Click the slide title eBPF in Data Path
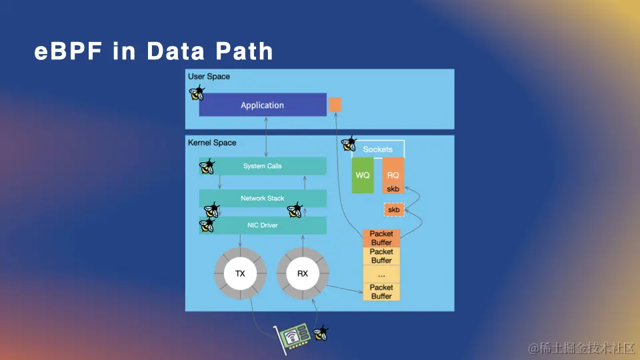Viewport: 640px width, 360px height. pyautogui.click(x=153, y=51)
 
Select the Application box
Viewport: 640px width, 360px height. pyautogui.click(x=262, y=105)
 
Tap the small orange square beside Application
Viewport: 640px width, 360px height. pyautogui.click(x=335, y=105)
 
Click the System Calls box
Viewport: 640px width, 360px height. pyautogui.click(x=263, y=166)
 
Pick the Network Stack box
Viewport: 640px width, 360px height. pyautogui.click(x=263, y=198)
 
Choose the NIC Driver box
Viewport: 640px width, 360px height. pyautogui.click(x=263, y=225)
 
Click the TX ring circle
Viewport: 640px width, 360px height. pyautogui.click(x=240, y=273)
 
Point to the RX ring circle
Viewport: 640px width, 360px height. pyautogui.click(x=302, y=273)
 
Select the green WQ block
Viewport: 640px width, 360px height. pyautogui.click(x=363, y=175)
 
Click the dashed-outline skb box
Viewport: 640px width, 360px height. pyautogui.click(x=394, y=210)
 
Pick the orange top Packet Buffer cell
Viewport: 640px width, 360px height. pyautogui.click(x=381, y=238)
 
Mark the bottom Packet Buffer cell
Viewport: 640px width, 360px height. pyautogui.click(x=381, y=291)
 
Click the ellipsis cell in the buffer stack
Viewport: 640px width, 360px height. pyautogui.click(x=381, y=274)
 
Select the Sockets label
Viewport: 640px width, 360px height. pyautogui.click(x=378, y=149)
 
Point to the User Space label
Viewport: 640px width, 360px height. pyautogui.click(x=209, y=77)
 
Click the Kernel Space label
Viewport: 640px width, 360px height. pyautogui.click(x=212, y=143)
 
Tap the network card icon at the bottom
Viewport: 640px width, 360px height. pyautogui.click(x=293, y=337)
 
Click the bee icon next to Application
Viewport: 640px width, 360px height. pyautogui.click(x=196, y=93)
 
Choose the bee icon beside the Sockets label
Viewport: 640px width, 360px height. pyautogui.click(x=349, y=144)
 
